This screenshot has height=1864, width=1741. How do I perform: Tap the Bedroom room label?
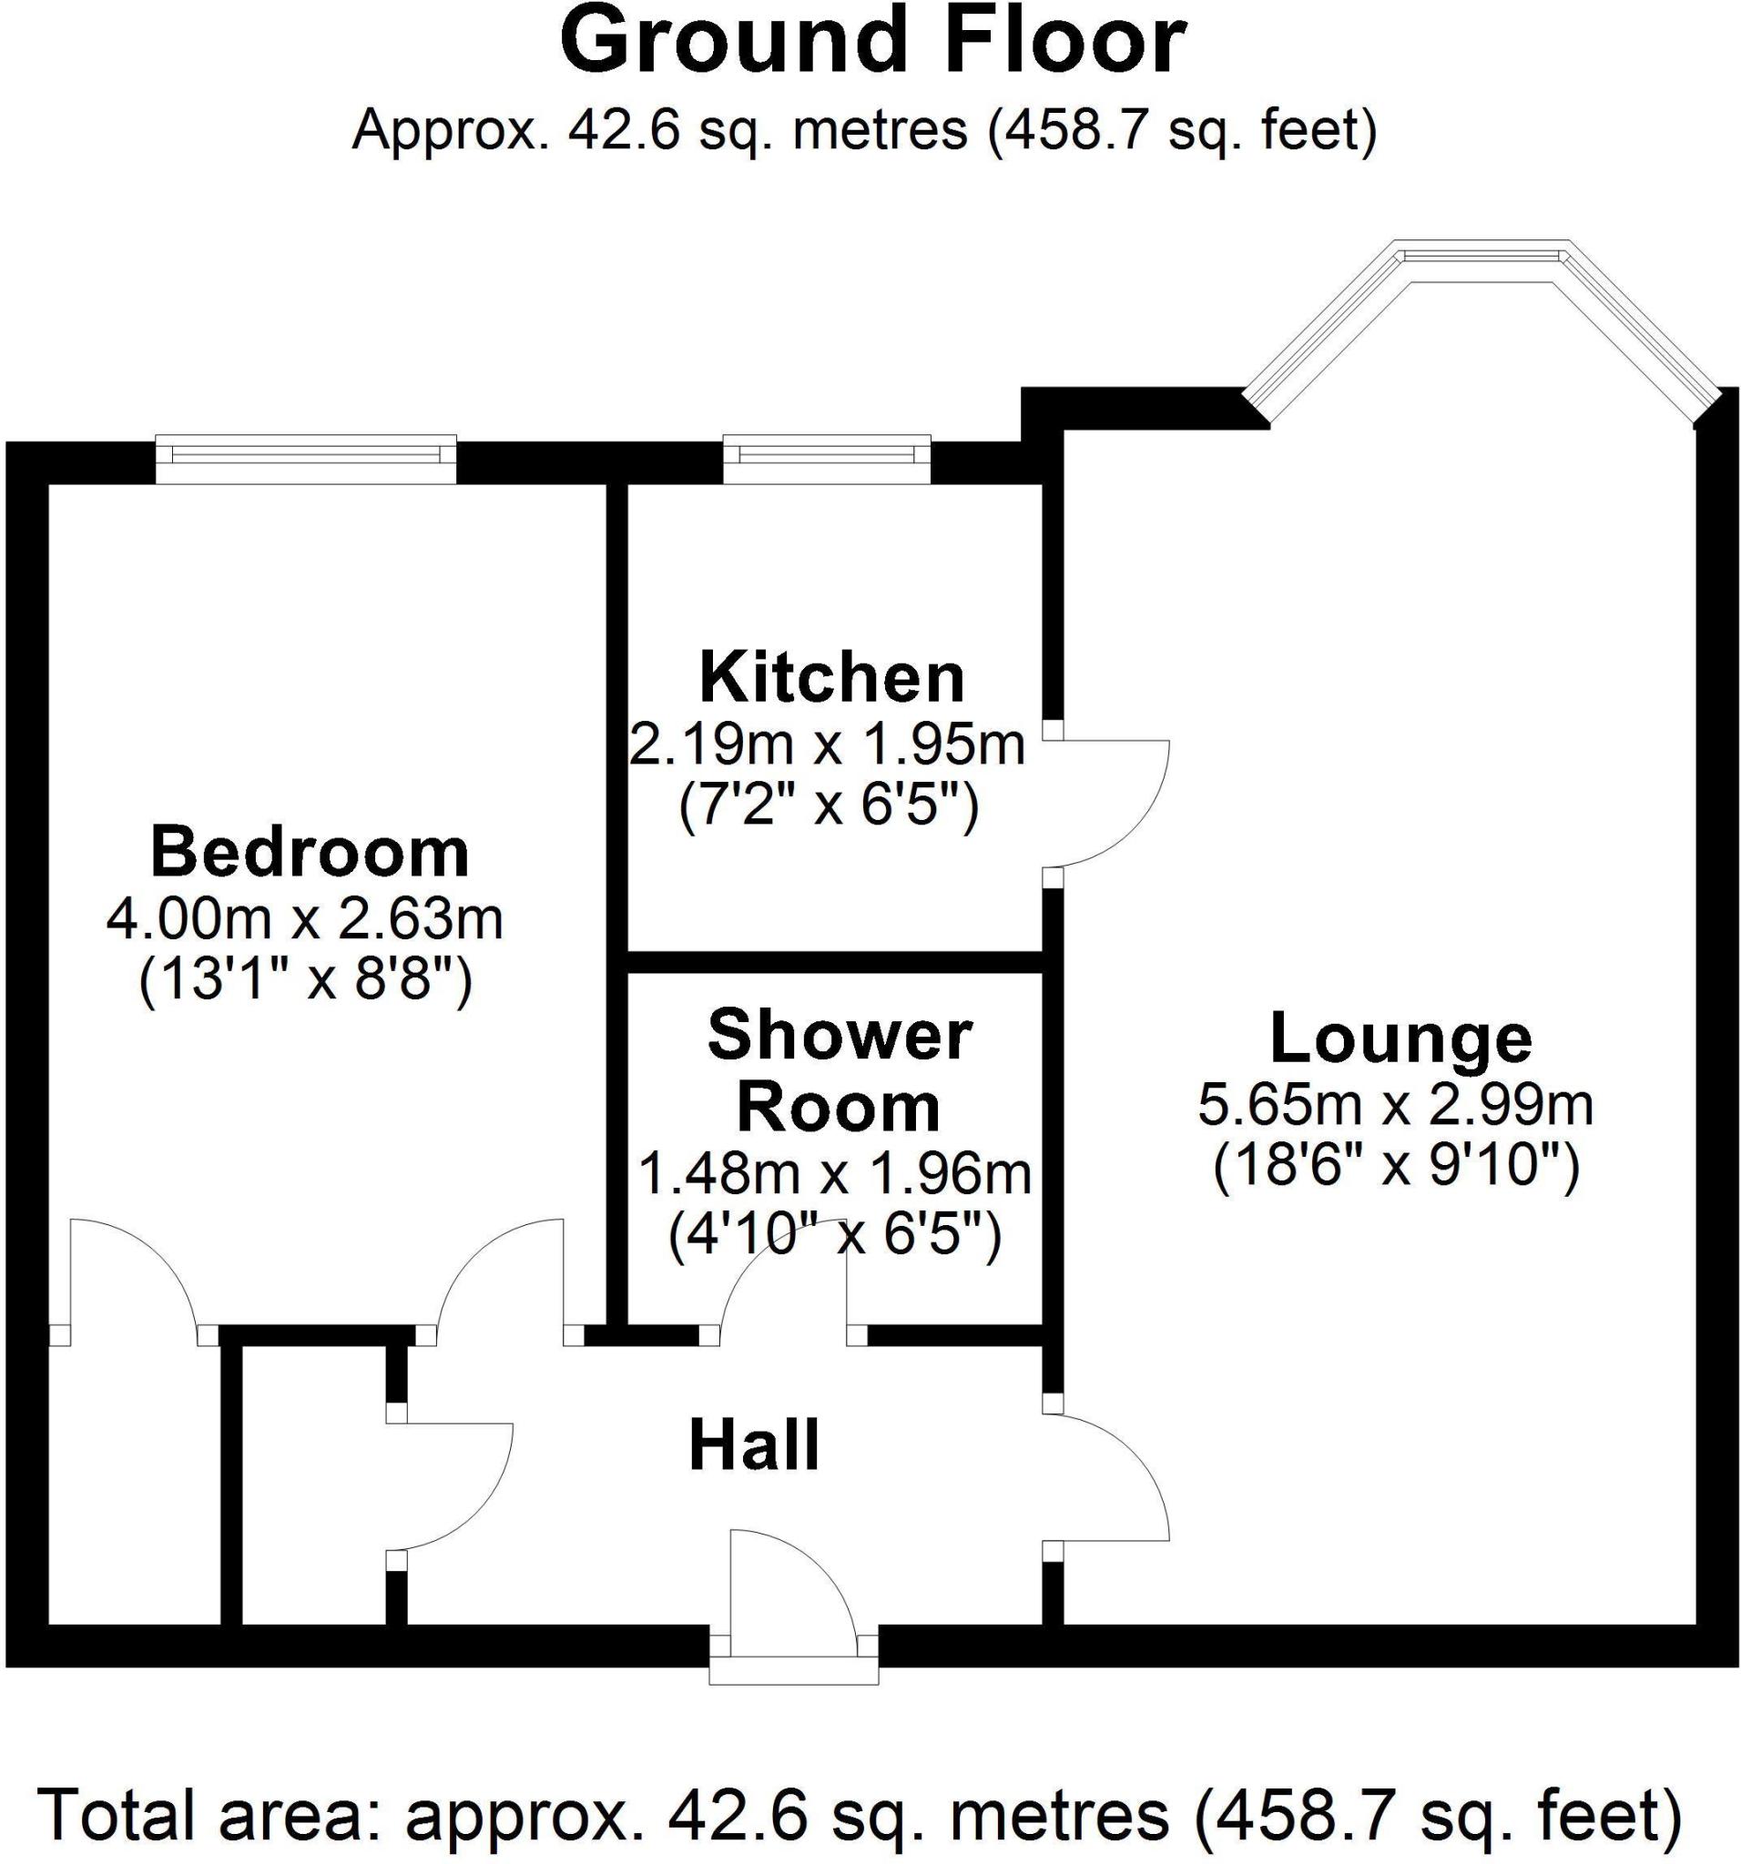click(x=310, y=852)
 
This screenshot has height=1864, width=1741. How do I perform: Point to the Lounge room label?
click(x=1400, y=1038)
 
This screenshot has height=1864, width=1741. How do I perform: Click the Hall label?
click(x=754, y=1445)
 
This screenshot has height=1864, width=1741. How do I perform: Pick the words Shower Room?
click(x=838, y=1071)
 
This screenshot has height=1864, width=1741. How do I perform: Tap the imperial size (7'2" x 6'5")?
click(x=829, y=805)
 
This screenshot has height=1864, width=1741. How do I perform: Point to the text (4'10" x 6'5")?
click(x=835, y=1236)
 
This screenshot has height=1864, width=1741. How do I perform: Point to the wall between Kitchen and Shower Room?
click(x=834, y=961)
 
